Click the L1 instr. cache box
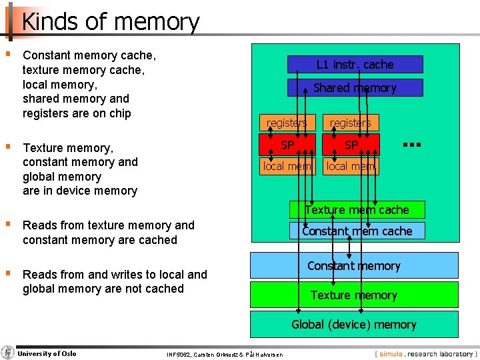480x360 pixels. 355,65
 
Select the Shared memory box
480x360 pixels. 355,88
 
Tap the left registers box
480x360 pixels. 287,123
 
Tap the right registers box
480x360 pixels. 351,123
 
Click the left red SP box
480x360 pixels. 287,145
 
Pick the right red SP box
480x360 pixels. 351,145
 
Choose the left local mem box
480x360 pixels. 287,166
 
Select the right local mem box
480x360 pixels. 351,166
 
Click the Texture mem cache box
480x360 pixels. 357,209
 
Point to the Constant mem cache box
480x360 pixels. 357,231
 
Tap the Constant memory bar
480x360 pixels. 354,265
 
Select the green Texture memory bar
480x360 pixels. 354,295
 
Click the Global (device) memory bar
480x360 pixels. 354,325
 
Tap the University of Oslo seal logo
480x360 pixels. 8,353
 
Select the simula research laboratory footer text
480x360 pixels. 425,353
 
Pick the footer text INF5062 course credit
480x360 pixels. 225,354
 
